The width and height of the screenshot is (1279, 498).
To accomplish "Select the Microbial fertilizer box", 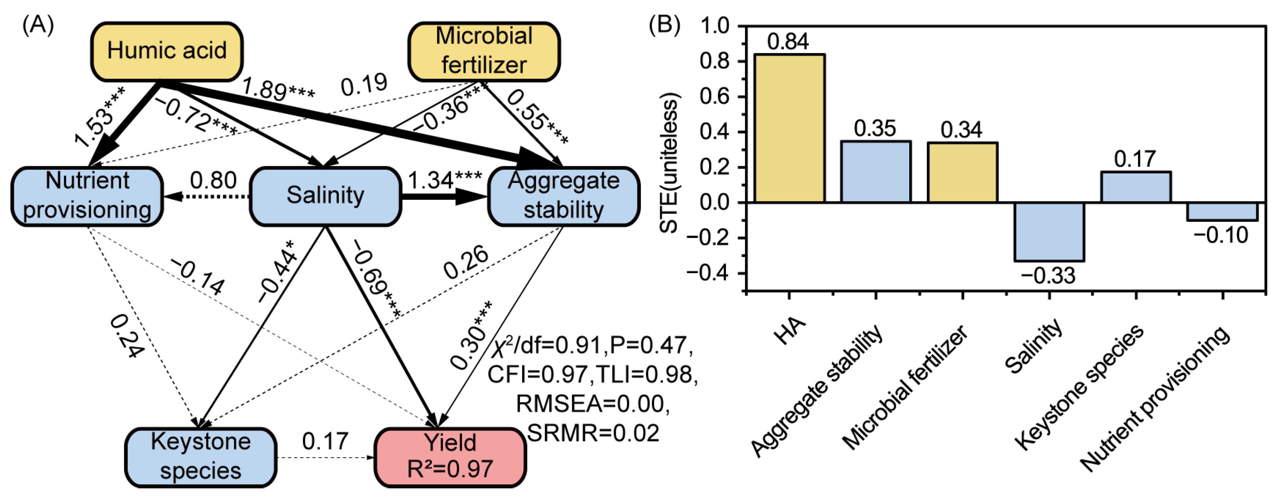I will click(x=484, y=51).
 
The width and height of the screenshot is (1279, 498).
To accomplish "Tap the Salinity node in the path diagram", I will click(x=325, y=196).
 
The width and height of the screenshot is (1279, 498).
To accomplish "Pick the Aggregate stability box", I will click(x=563, y=196).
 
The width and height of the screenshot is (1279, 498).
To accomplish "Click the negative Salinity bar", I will click(x=1049, y=231).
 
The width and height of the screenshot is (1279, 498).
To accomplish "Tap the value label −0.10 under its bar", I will click(x=1220, y=235).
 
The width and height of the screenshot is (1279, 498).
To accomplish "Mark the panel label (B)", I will click(x=664, y=25).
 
